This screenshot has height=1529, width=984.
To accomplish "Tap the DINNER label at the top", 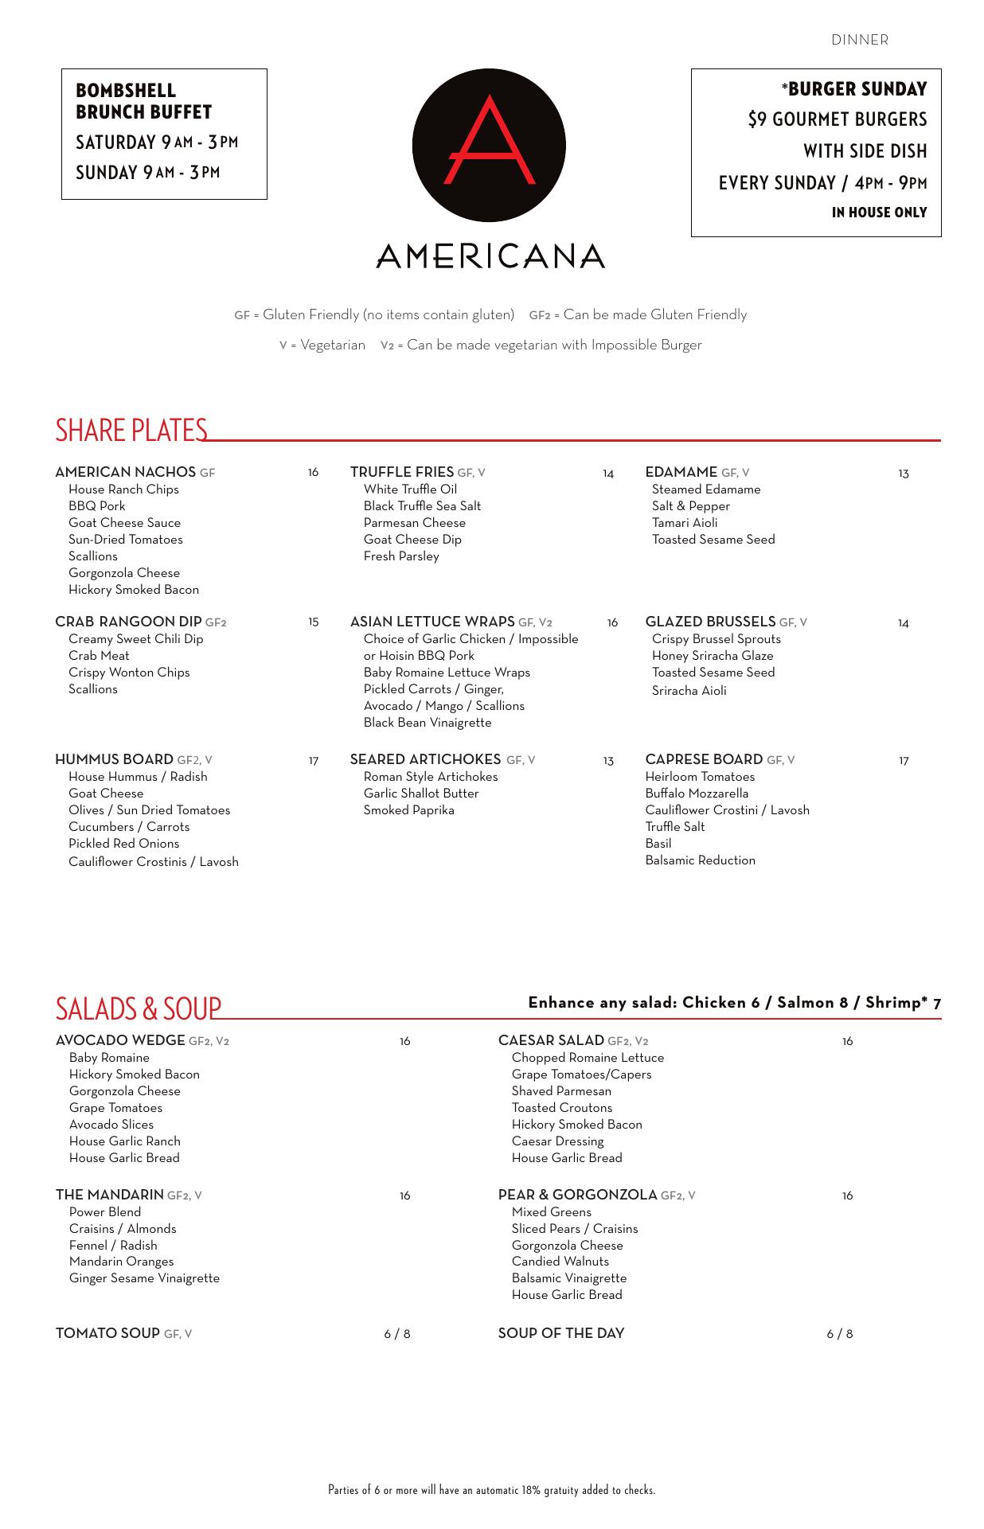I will pos(860,40).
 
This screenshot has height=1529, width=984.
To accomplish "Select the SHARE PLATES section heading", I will pos(131,430).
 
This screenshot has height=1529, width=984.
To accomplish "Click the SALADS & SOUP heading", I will pos(139,1008).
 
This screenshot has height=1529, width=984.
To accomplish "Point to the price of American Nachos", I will pos(313,473).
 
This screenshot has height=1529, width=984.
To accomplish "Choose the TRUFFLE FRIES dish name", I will pos(402,472).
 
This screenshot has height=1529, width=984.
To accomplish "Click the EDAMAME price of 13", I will pos(903,474).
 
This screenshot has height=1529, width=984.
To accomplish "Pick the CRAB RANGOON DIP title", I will pos(128,622).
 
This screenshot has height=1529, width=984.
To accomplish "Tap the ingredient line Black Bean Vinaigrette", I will pos(428,723).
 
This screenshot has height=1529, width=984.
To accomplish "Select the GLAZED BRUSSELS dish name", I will pos(710,622).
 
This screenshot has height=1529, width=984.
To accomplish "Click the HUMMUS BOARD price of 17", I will pos(313,761).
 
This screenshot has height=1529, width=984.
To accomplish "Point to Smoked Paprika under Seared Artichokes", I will pos(408,810).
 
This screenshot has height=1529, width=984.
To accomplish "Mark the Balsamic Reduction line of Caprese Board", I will pos(701,860).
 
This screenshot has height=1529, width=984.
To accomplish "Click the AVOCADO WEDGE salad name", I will pos(120,1040).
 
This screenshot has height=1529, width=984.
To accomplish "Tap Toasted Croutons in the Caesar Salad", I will pos(562,1108).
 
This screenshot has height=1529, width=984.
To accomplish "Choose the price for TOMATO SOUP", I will pos(397,1334).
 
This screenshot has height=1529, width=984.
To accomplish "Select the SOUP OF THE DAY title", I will pos(561,1333).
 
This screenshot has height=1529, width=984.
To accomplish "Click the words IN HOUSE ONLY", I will pos(879,213).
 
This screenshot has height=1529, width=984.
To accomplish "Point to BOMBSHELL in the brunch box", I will pos(126,91).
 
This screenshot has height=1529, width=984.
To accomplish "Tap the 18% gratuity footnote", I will pos(492,1490).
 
